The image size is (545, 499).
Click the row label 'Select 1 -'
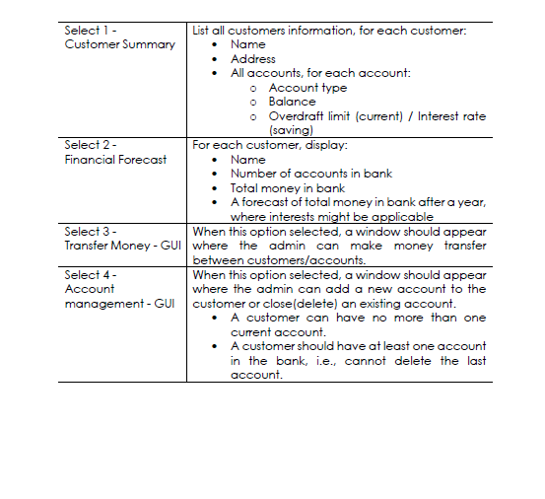(91, 31)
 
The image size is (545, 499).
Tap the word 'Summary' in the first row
(150, 44)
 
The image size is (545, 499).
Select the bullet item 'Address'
(254, 58)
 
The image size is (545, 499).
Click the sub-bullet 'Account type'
(307, 87)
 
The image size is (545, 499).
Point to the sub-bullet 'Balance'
(292, 102)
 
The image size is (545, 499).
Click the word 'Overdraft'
(300, 115)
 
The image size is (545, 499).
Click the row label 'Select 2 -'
(91, 145)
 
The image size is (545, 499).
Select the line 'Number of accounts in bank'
(310, 174)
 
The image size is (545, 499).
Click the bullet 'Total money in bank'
(288, 187)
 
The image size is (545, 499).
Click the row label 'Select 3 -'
(91, 231)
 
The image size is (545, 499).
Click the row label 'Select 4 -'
(91, 274)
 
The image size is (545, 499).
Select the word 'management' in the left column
(102, 303)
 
